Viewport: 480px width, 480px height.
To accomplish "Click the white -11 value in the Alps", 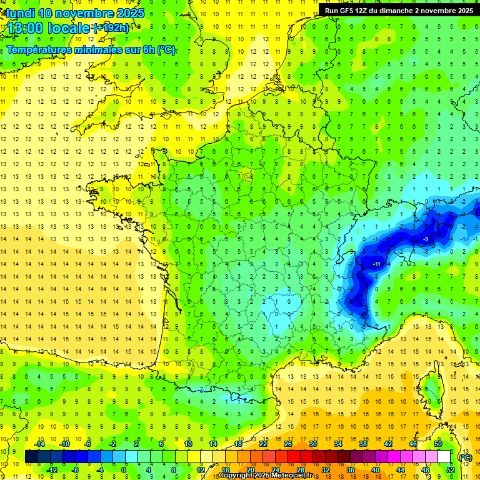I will tap(376, 264).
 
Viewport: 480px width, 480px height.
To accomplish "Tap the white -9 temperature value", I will tap(425, 239).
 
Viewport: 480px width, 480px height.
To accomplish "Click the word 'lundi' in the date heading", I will tap(18, 13).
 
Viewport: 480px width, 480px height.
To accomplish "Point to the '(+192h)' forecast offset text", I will tap(111, 28).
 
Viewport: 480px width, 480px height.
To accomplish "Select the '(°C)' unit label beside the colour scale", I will tap(466, 457).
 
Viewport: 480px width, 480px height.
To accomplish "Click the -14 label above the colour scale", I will tap(39, 444).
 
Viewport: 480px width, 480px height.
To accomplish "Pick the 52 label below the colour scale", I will tap(451, 470).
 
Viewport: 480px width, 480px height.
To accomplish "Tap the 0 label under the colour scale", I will tap(124, 470).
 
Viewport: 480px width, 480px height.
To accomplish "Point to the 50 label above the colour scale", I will tap(438, 444).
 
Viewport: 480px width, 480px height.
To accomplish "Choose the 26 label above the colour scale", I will tap(288, 444).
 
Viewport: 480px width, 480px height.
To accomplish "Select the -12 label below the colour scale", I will tap(52, 470).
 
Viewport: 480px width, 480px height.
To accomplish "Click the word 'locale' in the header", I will tap(70, 28).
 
